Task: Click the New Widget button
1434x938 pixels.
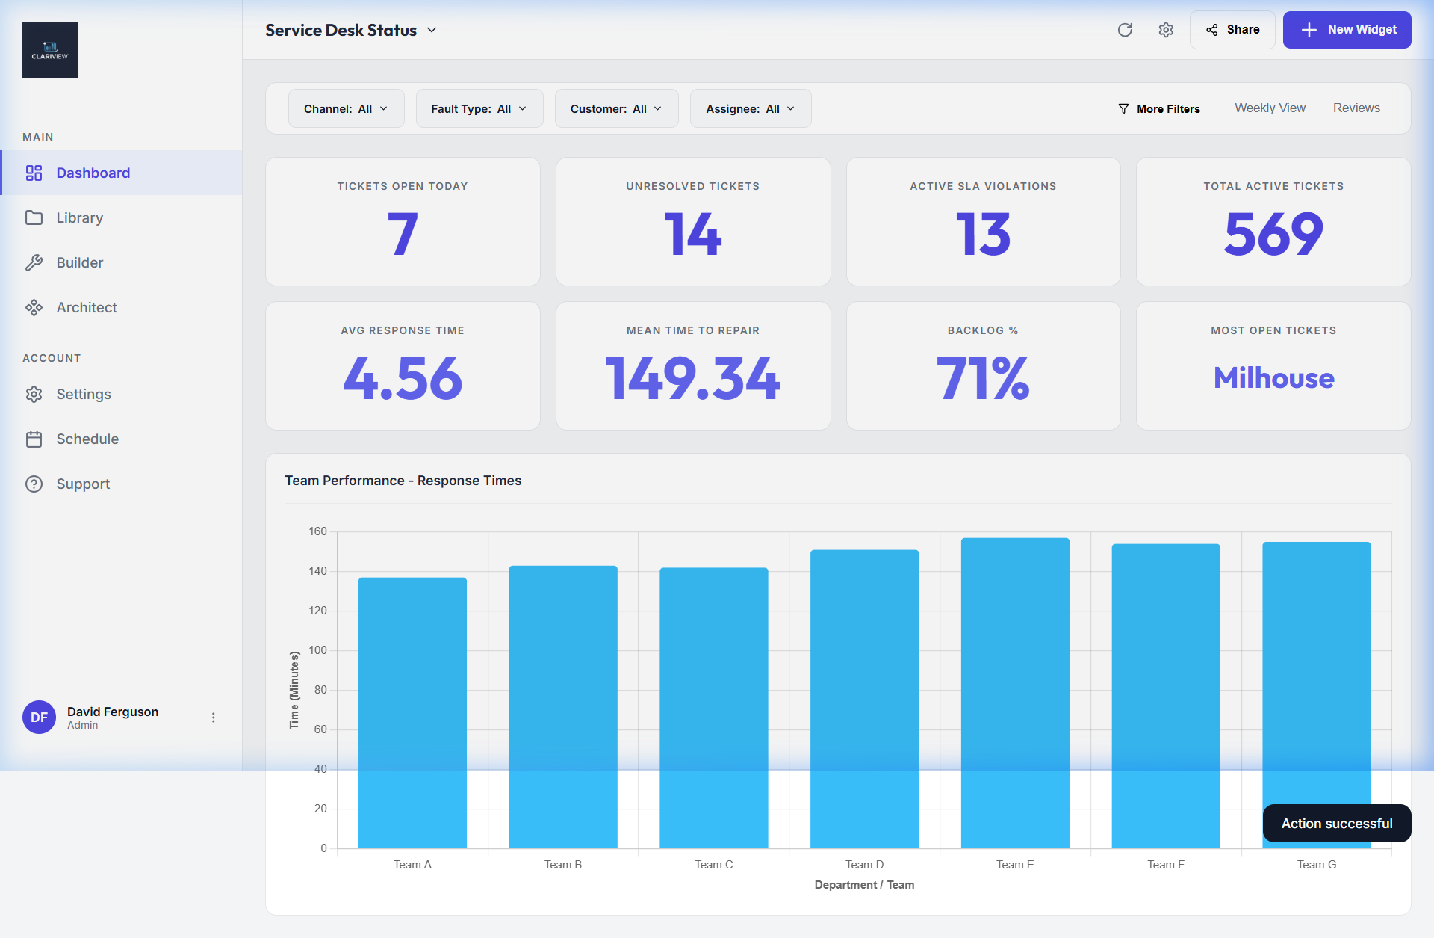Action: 1347,30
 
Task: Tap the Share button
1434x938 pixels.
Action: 1232,30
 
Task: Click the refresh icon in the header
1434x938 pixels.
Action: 1125,30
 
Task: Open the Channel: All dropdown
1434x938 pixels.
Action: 346,109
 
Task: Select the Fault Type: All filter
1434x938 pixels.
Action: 479,109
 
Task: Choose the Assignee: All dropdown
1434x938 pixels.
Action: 750,109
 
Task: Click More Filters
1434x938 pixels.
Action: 1159,109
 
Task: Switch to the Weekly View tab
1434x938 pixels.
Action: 1270,108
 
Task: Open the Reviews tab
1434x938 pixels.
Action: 1356,108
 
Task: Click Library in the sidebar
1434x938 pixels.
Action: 79,218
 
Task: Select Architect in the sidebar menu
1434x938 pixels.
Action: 87,308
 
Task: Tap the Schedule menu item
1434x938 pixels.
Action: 87,439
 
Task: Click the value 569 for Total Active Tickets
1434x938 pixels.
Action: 1273,235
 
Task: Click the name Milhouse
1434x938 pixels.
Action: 1273,378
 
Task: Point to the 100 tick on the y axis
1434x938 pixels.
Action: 318,650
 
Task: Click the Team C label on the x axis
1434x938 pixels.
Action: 713,865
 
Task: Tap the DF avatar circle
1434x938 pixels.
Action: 39,718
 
